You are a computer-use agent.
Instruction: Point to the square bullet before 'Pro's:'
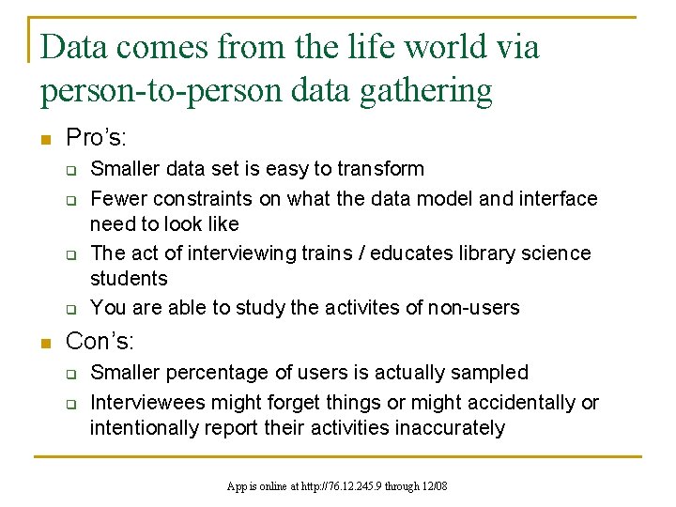click(44, 140)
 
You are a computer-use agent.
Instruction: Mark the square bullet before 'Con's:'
click(44, 343)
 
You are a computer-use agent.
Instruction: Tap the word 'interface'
click(558, 199)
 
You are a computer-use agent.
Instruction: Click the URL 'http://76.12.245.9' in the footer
click(346, 486)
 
